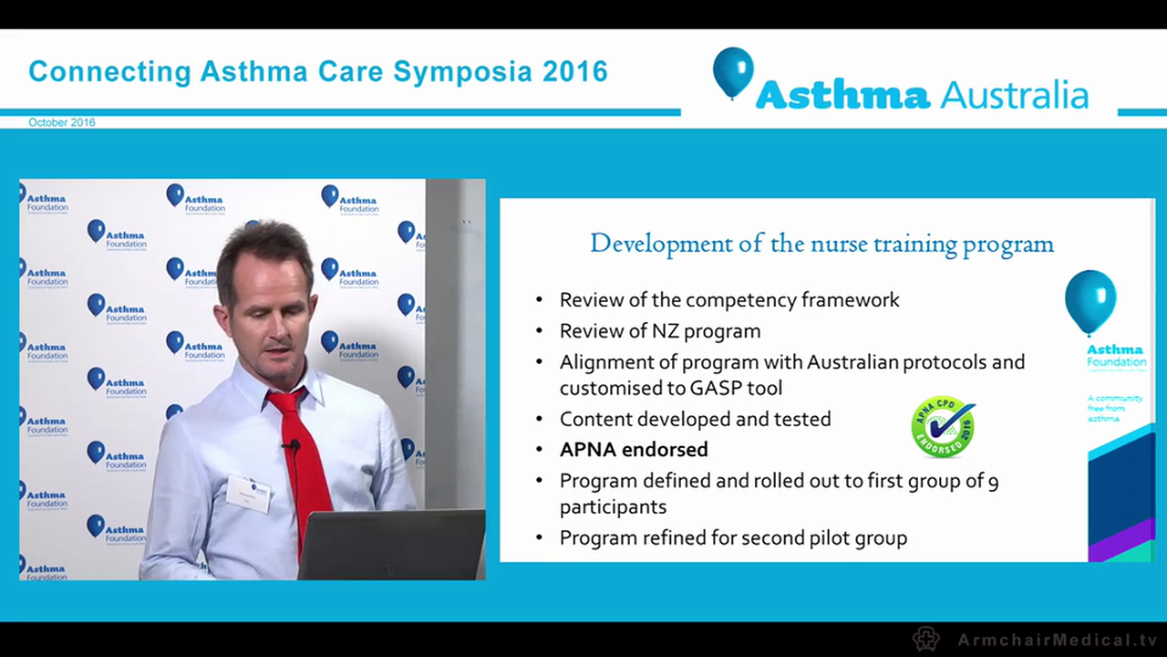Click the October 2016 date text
pyautogui.click(x=61, y=122)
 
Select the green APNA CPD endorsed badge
pyautogui.click(x=943, y=426)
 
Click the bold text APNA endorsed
pyautogui.click(x=634, y=449)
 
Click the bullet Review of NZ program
pyautogui.click(x=659, y=330)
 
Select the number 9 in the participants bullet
pyautogui.click(x=993, y=481)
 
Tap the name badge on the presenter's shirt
pyautogui.click(x=248, y=494)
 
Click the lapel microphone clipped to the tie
pyautogui.click(x=292, y=446)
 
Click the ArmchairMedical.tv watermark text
pyautogui.click(x=1057, y=640)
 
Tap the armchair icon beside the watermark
pyautogui.click(x=926, y=639)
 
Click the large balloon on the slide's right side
pyautogui.click(x=1090, y=300)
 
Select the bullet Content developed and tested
pyautogui.click(x=695, y=419)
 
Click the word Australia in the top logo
pyautogui.click(x=1013, y=94)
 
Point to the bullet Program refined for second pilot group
pyautogui.click(x=733, y=537)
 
